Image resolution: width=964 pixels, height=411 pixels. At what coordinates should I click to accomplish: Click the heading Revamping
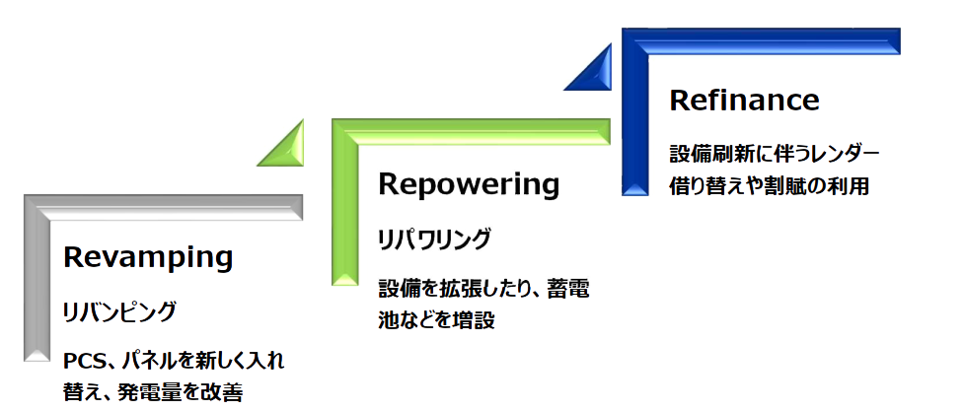pyautogui.click(x=148, y=258)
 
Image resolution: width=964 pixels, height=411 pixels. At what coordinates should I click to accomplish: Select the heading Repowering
pyautogui.click(x=469, y=184)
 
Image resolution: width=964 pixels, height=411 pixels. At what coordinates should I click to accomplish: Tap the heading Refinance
pyautogui.click(x=744, y=101)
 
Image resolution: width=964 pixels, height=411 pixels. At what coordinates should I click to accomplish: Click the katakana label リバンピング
pyautogui.click(x=119, y=312)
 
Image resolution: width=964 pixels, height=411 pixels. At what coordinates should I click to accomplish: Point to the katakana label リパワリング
pyautogui.click(x=434, y=239)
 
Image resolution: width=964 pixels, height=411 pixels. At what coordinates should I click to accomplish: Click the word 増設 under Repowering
pyautogui.click(x=475, y=320)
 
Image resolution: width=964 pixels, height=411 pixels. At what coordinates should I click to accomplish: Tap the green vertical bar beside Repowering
pyautogui.click(x=344, y=207)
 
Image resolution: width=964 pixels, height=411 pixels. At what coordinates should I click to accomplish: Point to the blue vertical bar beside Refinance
pyautogui.click(x=634, y=118)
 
